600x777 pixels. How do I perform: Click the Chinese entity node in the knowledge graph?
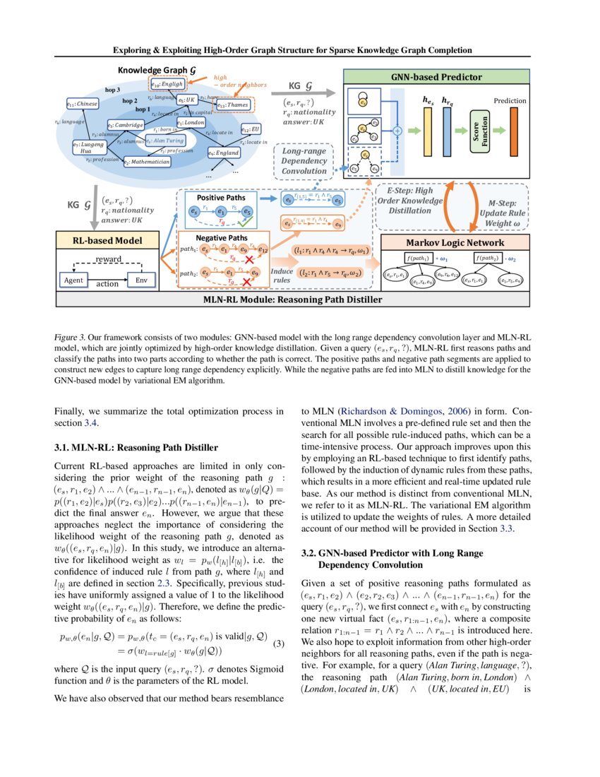82,104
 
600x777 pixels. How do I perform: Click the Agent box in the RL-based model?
73,280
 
